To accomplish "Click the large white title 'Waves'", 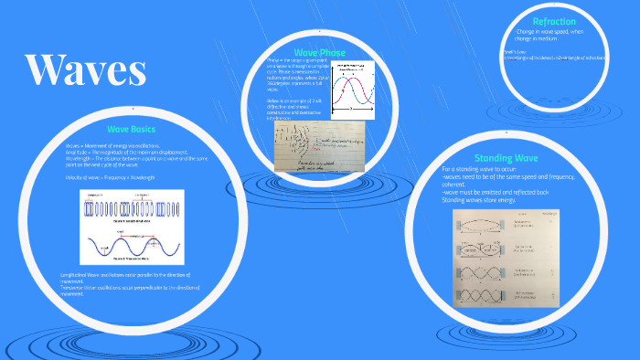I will pyautogui.click(x=86, y=69).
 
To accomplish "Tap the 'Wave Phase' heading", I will pyautogui.click(x=318, y=52).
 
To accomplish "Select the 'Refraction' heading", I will pyautogui.click(x=554, y=21).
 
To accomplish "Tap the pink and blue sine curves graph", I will pyautogui.click(x=351, y=89).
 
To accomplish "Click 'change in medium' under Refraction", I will pyautogui.click(x=548, y=39).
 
